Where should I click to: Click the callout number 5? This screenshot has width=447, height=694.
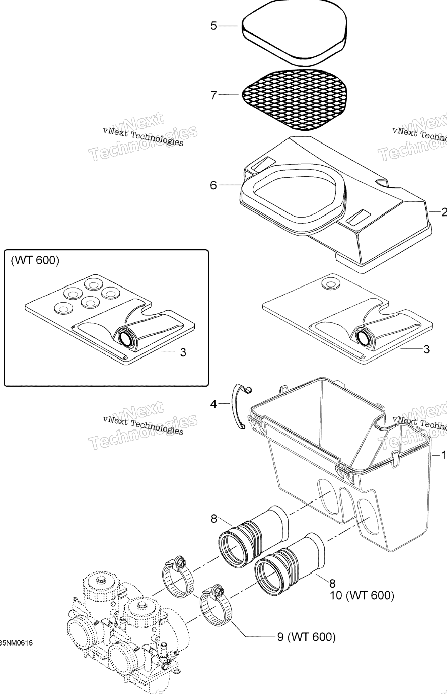click(214, 26)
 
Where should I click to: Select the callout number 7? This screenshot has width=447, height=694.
click(214, 95)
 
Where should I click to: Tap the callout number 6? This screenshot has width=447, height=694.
click(213, 185)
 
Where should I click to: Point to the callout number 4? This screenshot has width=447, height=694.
click(213, 404)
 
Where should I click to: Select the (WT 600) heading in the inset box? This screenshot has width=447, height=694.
click(35, 260)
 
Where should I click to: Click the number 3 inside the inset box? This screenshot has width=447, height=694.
click(183, 352)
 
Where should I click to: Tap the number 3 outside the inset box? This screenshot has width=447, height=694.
click(426, 349)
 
